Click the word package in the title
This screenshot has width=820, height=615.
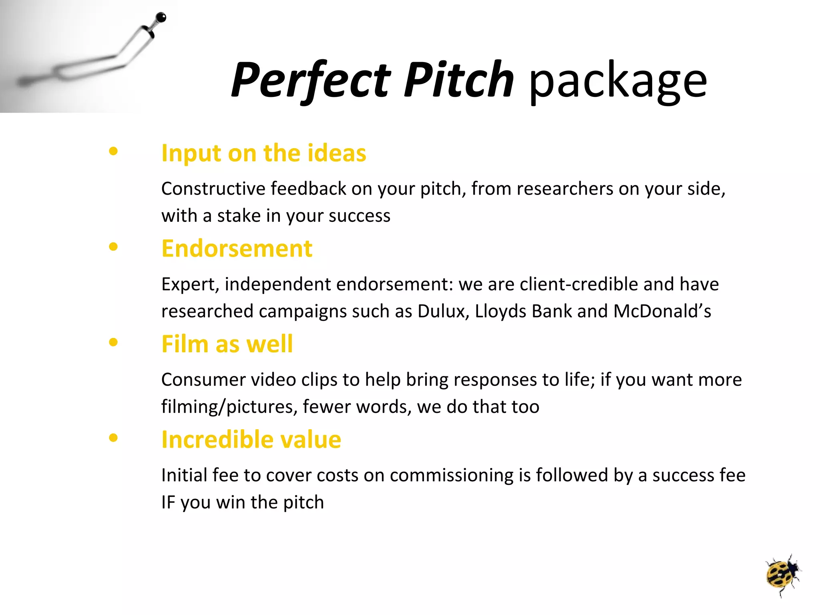coord(618,82)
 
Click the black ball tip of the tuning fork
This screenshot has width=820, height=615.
coord(161,18)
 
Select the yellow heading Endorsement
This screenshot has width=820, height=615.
coord(236,249)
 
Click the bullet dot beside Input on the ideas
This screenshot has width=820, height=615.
coord(113,151)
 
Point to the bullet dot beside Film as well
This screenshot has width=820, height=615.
coord(113,342)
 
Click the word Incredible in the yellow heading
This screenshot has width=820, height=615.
coord(217,440)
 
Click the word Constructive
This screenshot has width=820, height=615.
coord(213,189)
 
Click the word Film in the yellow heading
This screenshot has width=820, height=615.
coord(185,344)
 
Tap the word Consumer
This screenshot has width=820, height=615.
coord(203,380)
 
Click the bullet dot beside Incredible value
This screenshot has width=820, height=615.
coord(113,438)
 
